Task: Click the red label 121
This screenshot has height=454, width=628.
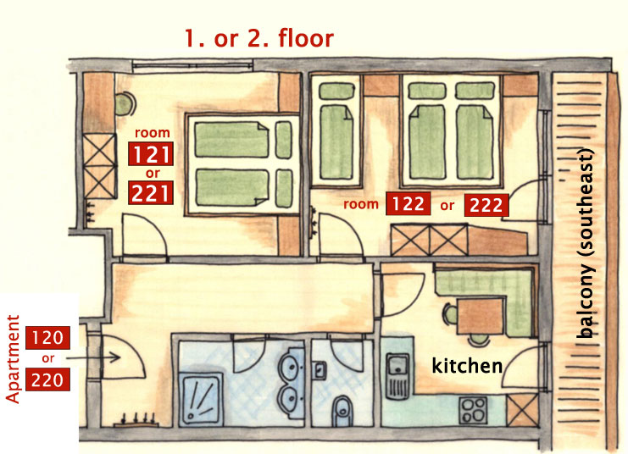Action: (151, 154)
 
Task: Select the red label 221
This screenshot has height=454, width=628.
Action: (151, 192)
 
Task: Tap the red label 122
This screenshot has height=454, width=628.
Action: (408, 204)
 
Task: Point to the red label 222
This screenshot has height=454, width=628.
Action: (486, 205)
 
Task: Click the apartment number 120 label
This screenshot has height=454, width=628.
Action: (47, 338)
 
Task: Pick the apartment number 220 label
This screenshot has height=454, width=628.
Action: (47, 379)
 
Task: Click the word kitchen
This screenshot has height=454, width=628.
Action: (467, 366)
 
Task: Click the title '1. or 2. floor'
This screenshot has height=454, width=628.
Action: (259, 38)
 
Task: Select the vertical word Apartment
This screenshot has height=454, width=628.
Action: (13, 359)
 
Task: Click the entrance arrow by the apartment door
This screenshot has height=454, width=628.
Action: (93, 357)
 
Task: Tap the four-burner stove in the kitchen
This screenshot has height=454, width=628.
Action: (473, 410)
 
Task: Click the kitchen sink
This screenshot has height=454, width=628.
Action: (397, 375)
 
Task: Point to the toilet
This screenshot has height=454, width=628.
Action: (343, 411)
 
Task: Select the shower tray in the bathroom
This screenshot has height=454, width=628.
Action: (201, 398)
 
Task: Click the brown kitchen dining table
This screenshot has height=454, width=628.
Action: (481, 316)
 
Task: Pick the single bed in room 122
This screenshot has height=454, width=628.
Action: (336, 132)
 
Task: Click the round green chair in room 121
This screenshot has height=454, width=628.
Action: (125, 104)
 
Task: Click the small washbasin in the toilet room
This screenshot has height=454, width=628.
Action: (320, 370)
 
